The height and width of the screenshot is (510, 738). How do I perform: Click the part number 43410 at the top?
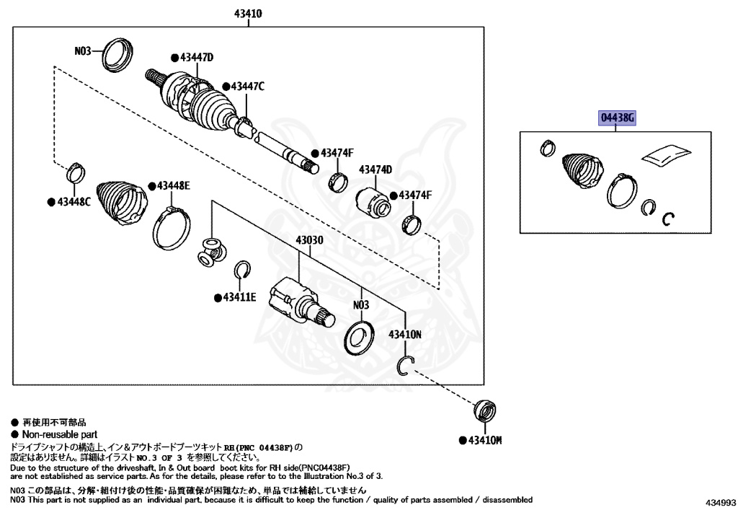coord(247,14)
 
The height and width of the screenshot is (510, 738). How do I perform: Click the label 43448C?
coord(73,201)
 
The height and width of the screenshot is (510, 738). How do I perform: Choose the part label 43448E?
coord(173,186)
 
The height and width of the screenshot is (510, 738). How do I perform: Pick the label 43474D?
coord(375,170)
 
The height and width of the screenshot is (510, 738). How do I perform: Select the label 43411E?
coord(239,296)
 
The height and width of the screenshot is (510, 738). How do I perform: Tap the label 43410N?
coord(405,335)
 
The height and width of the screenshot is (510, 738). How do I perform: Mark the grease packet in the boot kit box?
coord(665,154)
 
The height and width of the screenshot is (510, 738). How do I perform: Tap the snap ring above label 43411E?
coord(243,270)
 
